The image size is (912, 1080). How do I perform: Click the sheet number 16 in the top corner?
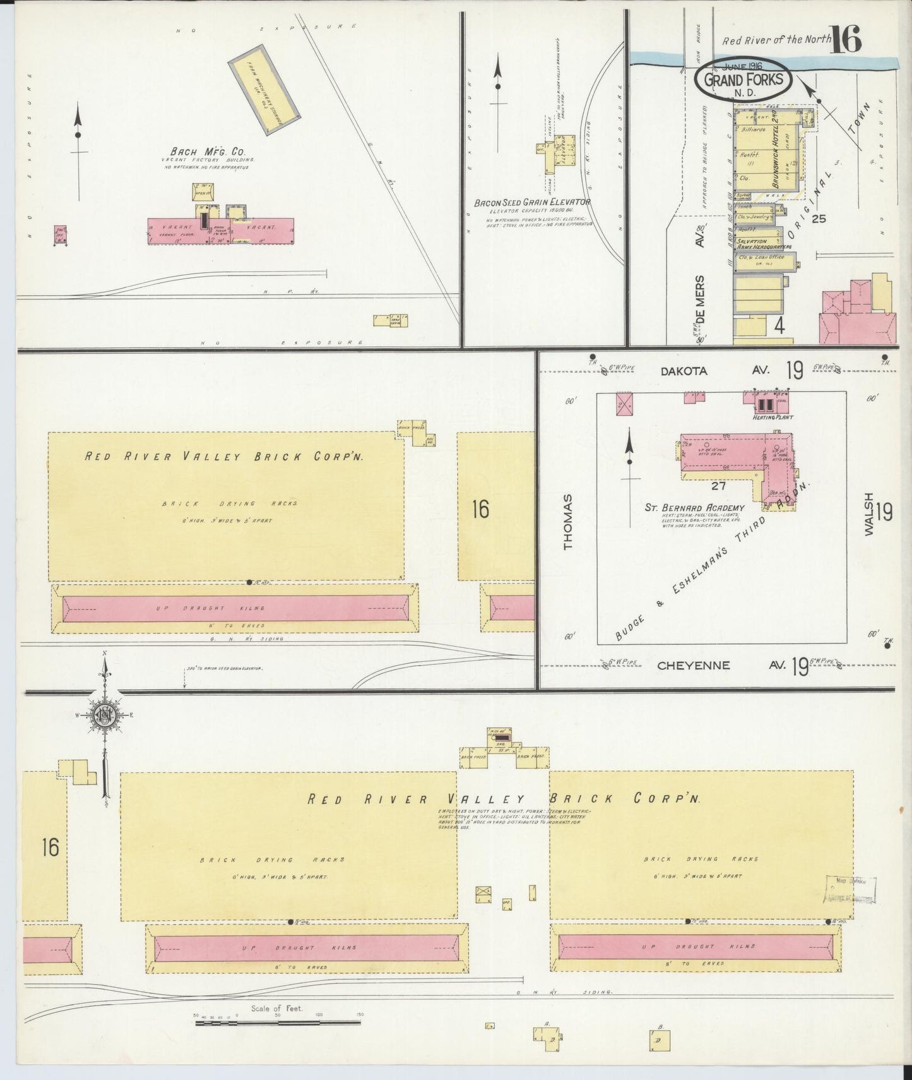point(845,40)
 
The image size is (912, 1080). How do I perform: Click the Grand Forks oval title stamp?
point(742,80)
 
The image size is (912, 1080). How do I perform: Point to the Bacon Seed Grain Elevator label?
point(533,203)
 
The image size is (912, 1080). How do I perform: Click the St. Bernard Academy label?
point(694,508)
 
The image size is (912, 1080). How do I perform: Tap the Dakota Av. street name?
point(684,371)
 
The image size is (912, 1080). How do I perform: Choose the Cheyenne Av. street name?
point(693,666)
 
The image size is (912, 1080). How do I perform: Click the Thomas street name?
point(568,522)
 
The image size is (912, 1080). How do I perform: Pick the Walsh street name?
point(869,514)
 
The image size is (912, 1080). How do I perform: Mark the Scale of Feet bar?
point(278,1021)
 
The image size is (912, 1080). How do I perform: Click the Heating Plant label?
point(767,417)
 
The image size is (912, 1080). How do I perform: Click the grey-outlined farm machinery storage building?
point(264,90)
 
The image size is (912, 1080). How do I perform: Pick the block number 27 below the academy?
point(718,486)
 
